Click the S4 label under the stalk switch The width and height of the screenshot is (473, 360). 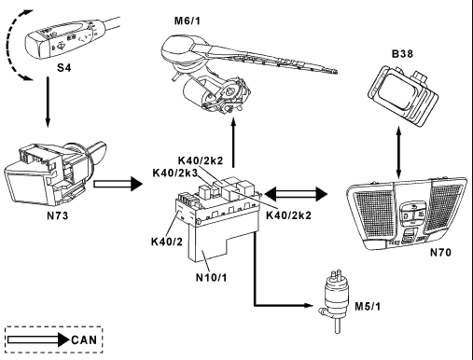(x=63, y=67)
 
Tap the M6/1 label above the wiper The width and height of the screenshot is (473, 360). (x=188, y=21)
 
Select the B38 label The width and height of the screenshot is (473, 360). (x=402, y=54)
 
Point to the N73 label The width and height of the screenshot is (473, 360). (x=58, y=215)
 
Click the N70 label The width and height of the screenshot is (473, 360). (x=440, y=253)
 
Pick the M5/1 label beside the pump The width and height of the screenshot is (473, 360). (x=368, y=307)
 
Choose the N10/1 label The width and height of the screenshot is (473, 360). (x=212, y=277)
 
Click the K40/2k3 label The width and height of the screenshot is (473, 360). (x=175, y=173)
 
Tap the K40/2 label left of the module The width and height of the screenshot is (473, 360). (x=167, y=242)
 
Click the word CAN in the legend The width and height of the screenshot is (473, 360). (x=84, y=339)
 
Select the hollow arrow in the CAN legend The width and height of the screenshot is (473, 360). (x=38, y=339)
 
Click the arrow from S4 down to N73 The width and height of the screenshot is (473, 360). (x=48, y=102)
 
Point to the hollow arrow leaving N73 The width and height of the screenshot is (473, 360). (x=118, y=184)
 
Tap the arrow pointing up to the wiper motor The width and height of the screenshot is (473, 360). (x=233, y=143)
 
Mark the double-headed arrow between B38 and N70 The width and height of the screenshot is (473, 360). (x=399, y=151)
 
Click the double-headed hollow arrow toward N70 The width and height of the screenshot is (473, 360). (x=296, y=195)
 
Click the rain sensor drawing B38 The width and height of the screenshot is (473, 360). (x=403, y=95)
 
